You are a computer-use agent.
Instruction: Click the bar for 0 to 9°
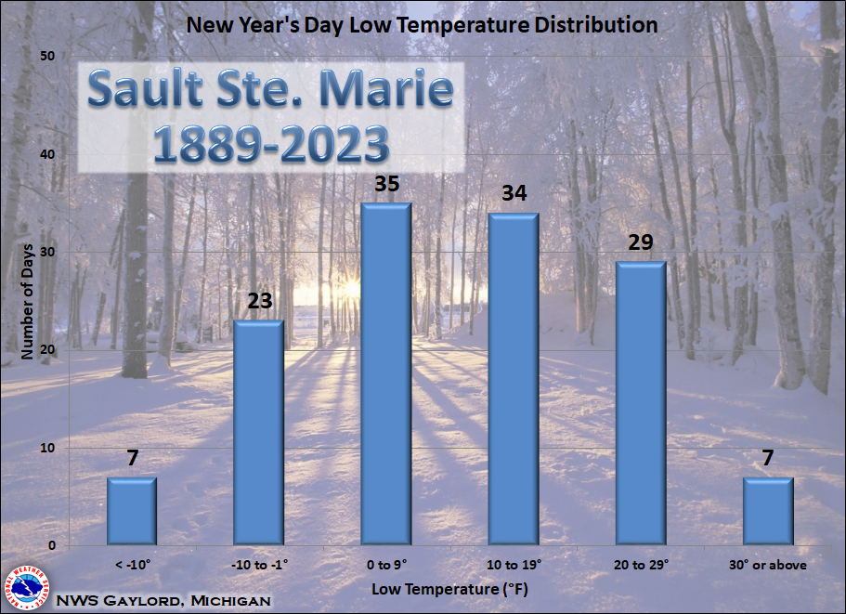point(386,374)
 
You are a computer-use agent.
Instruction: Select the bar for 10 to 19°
point(514,379)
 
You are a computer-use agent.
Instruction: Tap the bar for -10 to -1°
point(259,432)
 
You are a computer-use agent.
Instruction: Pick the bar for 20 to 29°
point(641,403)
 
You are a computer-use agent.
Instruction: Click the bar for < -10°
point(132,511)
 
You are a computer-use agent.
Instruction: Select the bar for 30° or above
point(768,511)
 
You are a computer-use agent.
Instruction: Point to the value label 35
point(387,184)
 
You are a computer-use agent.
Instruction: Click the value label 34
point(514,193)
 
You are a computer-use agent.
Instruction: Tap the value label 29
point(641,242)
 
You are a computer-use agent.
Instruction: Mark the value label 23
point(259,301)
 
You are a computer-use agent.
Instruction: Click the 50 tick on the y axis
point(47,56)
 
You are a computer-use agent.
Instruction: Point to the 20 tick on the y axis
point(47,349)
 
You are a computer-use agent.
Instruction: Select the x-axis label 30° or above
point(768,565)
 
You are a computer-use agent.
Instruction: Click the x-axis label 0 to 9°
point(386,565)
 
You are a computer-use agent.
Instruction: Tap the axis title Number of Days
point(27,302)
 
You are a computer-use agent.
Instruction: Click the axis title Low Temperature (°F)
point(449,589)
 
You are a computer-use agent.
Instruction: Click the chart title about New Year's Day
point(422,25)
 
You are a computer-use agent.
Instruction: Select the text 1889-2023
point(271,145)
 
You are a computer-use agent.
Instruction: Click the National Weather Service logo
point(25,588)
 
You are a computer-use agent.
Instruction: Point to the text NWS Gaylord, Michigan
point(163,600)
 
